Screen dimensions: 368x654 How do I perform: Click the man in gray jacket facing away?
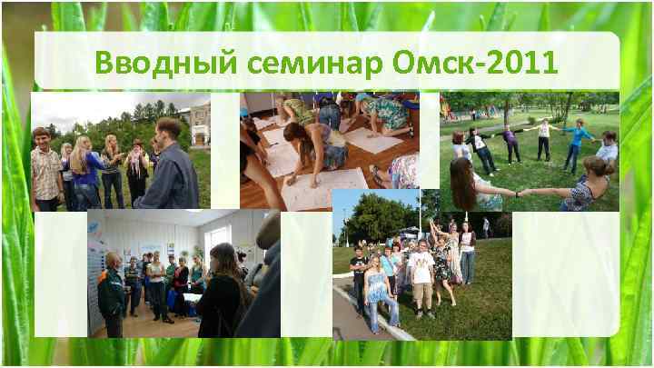tap(170, 168)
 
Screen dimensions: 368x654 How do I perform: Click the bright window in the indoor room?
tap(216, 238)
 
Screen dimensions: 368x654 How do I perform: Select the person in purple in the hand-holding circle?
tap(509, 141)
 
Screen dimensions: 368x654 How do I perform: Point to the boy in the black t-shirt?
tap(359, 273)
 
